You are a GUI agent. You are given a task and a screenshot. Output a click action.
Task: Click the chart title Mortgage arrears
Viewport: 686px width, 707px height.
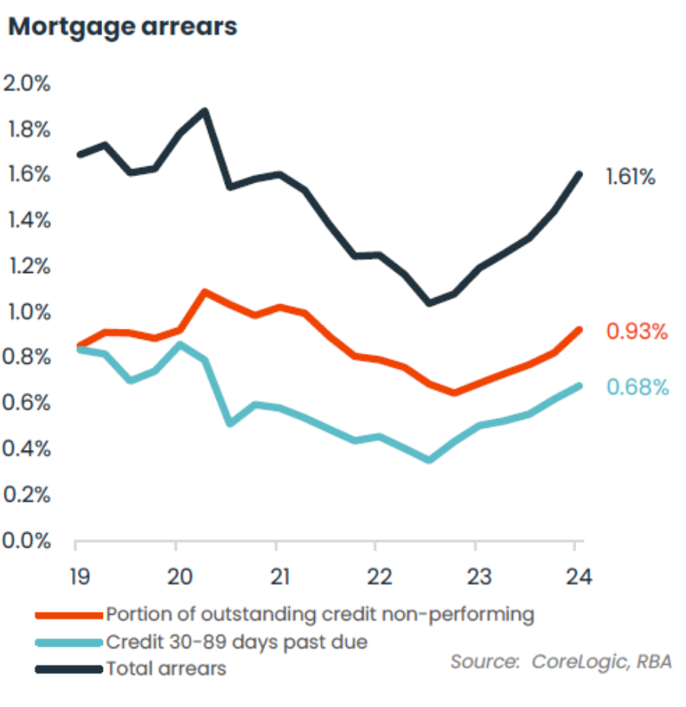pos(123,27)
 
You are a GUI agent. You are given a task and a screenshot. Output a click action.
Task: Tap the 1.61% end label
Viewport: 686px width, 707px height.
pos(630,178)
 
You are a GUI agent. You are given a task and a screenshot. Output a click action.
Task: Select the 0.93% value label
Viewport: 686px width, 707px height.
pos(637,332)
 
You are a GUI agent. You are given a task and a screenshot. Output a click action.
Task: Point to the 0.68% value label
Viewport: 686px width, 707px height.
pos(637,387)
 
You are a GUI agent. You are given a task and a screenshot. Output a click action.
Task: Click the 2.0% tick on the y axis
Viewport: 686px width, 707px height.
pos(27,84)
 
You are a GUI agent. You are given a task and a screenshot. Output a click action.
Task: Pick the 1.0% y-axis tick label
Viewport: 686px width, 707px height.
pos(27,313)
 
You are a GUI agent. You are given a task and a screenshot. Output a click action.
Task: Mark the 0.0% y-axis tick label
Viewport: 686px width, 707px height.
pos(27,541)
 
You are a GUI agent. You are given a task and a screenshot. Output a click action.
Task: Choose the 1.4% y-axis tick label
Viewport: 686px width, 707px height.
pos(27,221)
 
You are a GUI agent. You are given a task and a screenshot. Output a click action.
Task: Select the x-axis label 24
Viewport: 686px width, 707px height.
pos(577,575)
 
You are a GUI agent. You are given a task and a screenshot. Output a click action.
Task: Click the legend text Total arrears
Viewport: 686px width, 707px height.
pos(166,669)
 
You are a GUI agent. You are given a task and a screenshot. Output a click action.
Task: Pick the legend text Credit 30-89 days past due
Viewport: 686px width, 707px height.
pos(236,642)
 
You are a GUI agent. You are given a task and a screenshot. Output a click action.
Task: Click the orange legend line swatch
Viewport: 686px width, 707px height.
pos(69,615)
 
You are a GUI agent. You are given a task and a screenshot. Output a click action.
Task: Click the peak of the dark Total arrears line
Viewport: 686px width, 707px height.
pos(204,111)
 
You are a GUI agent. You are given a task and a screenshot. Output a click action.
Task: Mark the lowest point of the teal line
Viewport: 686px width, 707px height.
pos(429,460)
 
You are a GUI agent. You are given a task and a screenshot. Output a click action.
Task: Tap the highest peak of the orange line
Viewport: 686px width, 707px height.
pos(204,291)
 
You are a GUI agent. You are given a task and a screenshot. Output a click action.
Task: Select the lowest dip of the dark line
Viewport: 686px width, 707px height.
pos(429,303)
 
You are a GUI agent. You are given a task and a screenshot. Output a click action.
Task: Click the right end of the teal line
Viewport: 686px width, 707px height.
pos(579,386)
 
